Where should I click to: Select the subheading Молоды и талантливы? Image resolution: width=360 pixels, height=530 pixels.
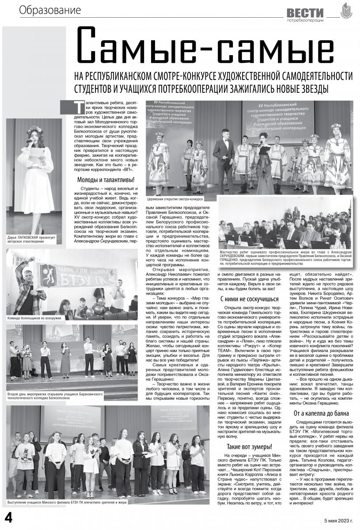point(106,180)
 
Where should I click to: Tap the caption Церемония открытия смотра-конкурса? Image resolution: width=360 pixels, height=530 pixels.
point(175,199)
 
